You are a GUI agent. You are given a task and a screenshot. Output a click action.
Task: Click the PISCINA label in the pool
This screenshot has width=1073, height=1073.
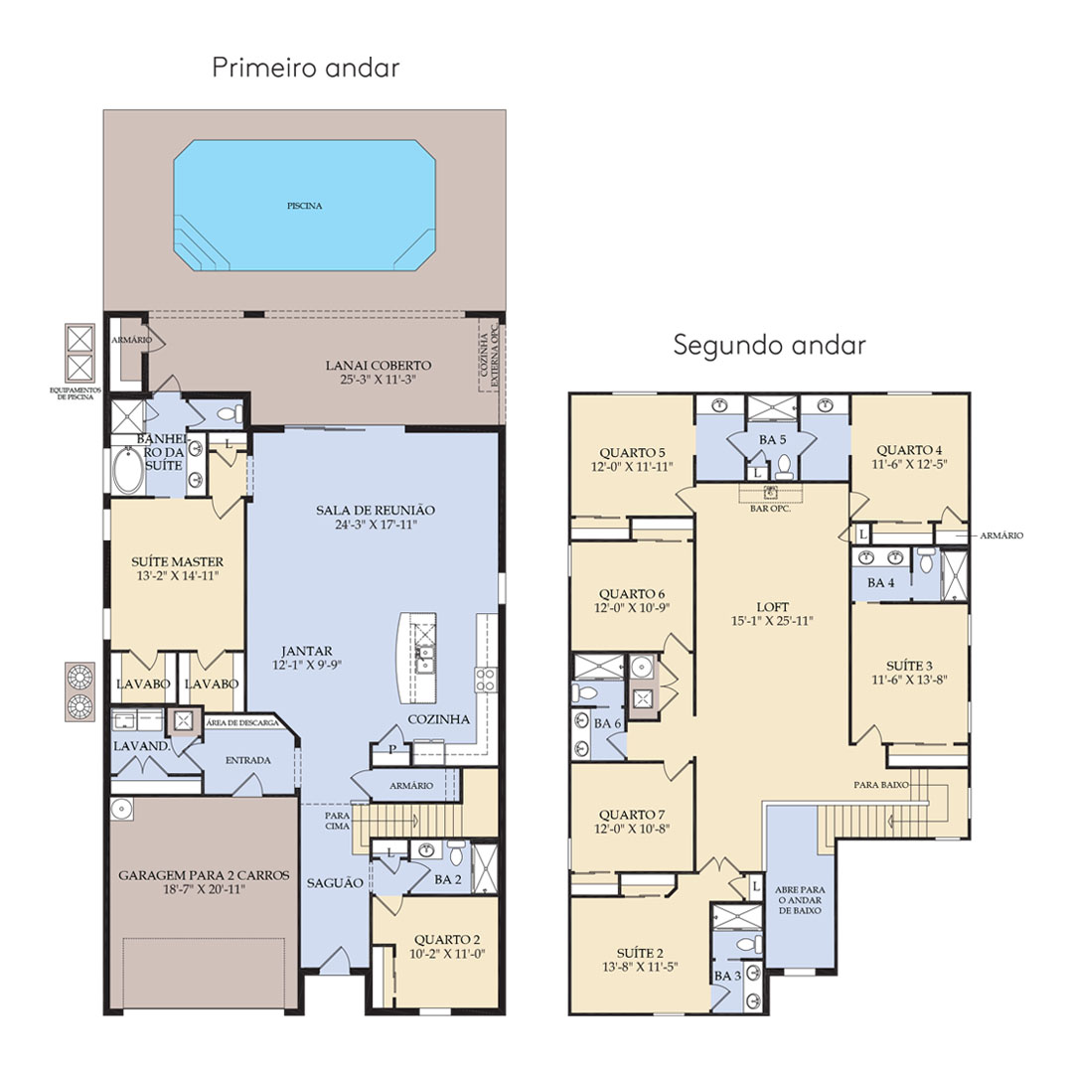click(x=305, y=206)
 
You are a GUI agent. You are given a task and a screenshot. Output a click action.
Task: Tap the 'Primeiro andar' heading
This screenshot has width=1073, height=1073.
click(x=306, y=68)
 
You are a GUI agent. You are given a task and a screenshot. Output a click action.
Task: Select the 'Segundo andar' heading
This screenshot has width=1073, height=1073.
click(x=769, y=344)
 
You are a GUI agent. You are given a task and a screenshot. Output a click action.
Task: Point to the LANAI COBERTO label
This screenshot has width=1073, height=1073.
click(x=379, y=366)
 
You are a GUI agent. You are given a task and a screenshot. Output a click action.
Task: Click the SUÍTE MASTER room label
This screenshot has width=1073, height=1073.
click(x=177, y=561)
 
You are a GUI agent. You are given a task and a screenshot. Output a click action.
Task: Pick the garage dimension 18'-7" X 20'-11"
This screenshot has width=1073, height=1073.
click(x=204, y=889)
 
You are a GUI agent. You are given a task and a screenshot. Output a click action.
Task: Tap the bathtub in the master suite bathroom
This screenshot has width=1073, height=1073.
click(x=128, y=469)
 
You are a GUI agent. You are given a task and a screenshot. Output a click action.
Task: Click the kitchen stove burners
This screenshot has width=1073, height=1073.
click(x=486, y=680)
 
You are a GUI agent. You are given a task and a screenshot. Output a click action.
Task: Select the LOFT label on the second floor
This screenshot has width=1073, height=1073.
click(x=773, y=607)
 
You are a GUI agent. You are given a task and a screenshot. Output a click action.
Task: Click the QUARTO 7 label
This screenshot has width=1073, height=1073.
click(x=632, y=815)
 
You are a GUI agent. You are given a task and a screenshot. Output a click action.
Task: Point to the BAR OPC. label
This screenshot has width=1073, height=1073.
click(x=771, y=509)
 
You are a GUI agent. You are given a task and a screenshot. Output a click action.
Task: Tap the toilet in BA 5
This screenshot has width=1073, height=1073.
click(x=784, y=466)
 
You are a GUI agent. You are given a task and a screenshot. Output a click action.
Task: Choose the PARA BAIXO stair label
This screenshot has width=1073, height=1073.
click(x=881, y=784)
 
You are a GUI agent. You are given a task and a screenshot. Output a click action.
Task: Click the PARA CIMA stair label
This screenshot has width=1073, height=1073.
click(x=338, y=821)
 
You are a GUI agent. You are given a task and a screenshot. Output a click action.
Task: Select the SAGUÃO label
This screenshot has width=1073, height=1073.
click(x=335, y=883)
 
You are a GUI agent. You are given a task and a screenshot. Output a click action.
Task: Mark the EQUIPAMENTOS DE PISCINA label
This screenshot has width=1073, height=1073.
click(x=76, y=393)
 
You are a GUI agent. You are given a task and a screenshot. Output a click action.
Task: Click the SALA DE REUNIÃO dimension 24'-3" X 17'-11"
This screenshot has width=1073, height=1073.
click(x=376, y=525)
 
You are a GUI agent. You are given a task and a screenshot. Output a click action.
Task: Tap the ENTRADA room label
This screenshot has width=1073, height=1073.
click(x=247, y=760)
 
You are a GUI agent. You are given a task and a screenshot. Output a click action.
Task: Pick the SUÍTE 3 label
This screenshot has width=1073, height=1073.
click(x=909, y=666)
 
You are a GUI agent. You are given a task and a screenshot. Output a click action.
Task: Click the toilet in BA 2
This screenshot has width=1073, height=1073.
click(x=456, y=852)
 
